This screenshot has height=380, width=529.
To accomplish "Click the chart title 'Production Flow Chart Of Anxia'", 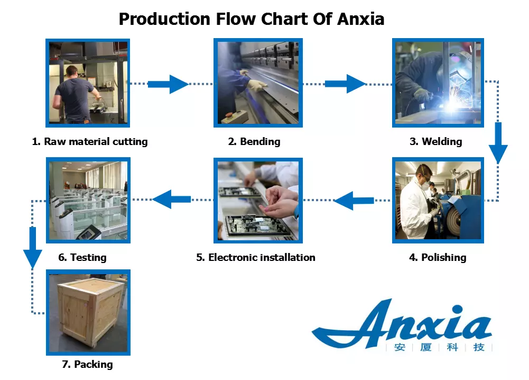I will [251, 19].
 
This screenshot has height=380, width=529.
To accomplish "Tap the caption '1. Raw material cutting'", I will [90, 141].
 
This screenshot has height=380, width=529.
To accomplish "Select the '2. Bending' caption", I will [254, 141].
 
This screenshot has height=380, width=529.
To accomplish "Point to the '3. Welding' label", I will [437, 141].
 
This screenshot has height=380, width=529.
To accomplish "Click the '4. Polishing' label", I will [438, 258].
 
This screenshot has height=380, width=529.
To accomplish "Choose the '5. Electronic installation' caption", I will [256, 258].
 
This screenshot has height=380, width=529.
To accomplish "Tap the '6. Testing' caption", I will [82, 258].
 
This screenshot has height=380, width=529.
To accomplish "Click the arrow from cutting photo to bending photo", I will [168, 84].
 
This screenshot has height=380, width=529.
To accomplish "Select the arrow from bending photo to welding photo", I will [345, 84].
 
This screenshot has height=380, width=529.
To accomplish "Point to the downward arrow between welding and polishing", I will [498, 143].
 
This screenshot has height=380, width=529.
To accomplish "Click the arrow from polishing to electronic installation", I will [355, 201].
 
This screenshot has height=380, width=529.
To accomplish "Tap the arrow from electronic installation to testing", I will [172, 199].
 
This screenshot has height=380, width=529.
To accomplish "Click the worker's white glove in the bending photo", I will [257, 85].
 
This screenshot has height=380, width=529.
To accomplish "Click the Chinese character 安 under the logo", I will [398, 348].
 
